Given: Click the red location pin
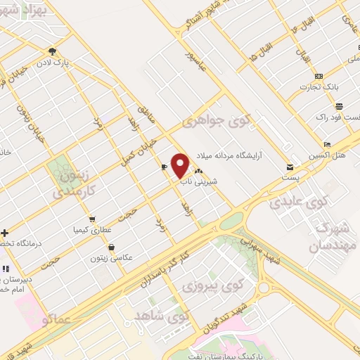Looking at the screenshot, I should coord(181,165).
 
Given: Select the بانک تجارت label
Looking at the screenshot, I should coord(320,86).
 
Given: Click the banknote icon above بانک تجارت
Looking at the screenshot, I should coord(319,75).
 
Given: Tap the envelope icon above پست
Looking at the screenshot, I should coord(290,167).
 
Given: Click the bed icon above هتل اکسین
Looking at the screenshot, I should coord(327,143).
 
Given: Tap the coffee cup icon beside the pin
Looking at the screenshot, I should coord(164,167).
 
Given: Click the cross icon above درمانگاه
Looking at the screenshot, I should coord(4,233).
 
